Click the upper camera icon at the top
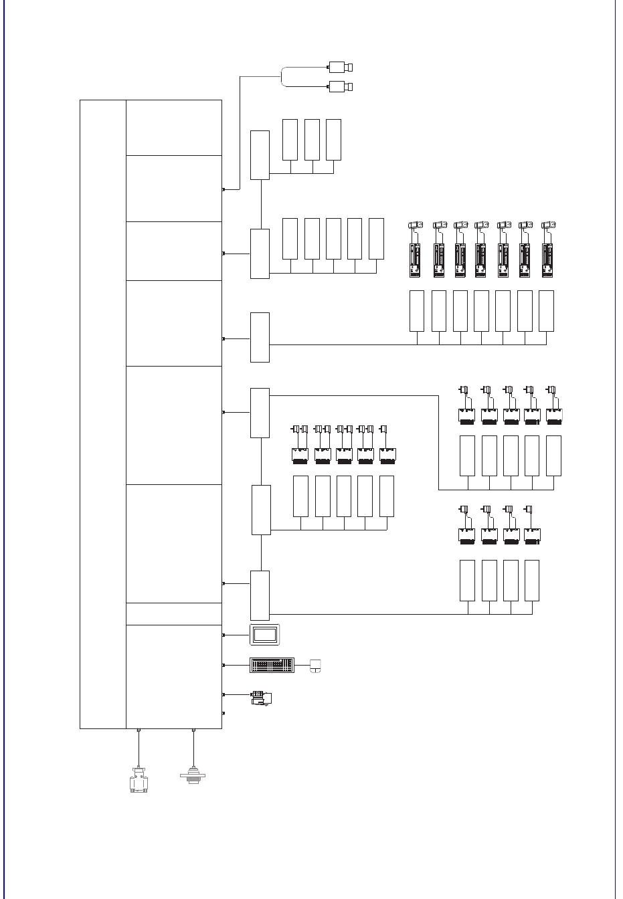tap(341, 67)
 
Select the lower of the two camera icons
tap(341, 86)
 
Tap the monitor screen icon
tap(265, 634)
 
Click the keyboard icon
tap(272, 666)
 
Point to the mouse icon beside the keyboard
tap(315, 666)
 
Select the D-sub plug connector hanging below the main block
tap(138, 781)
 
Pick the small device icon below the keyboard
tap(262, 698)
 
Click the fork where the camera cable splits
tap(282, 76)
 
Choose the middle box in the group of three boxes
tap(312, 140)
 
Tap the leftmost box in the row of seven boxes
tap(417, 311)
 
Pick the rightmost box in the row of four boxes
tap(532, 581)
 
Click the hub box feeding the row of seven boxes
tap(260, 337)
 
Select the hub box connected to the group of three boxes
tap(260, 155)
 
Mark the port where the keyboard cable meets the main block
tap(223, 666)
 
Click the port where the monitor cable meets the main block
tap(223, 634)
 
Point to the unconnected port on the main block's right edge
tap(223, 714)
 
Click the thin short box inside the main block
tap(174, 613)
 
